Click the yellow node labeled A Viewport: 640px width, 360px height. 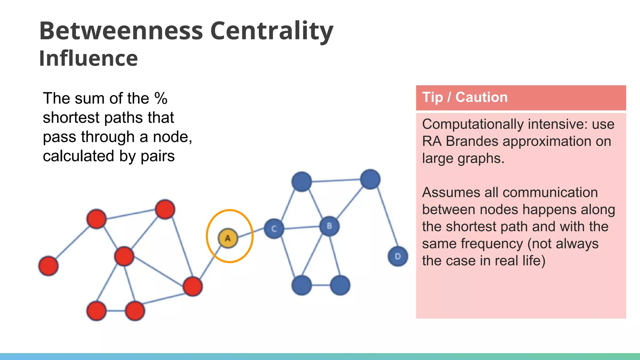coord(228,238)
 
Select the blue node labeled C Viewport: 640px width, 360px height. coord(274,229)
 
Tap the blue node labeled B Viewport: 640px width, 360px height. coord(329,226)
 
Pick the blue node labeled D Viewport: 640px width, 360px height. coord(398,256)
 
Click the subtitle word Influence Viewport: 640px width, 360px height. coord(88,58)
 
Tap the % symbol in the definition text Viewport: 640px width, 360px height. coord(161,98)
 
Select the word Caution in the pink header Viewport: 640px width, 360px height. coord(481,97)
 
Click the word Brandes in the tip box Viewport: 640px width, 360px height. coord(472,141)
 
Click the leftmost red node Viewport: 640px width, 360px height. coord(48,266)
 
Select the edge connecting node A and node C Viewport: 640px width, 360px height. coord(251,233)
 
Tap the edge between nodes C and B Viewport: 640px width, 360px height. coord(302,227)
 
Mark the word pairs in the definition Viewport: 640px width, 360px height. coord(157,156)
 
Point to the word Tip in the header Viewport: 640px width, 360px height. coord(432,97)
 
